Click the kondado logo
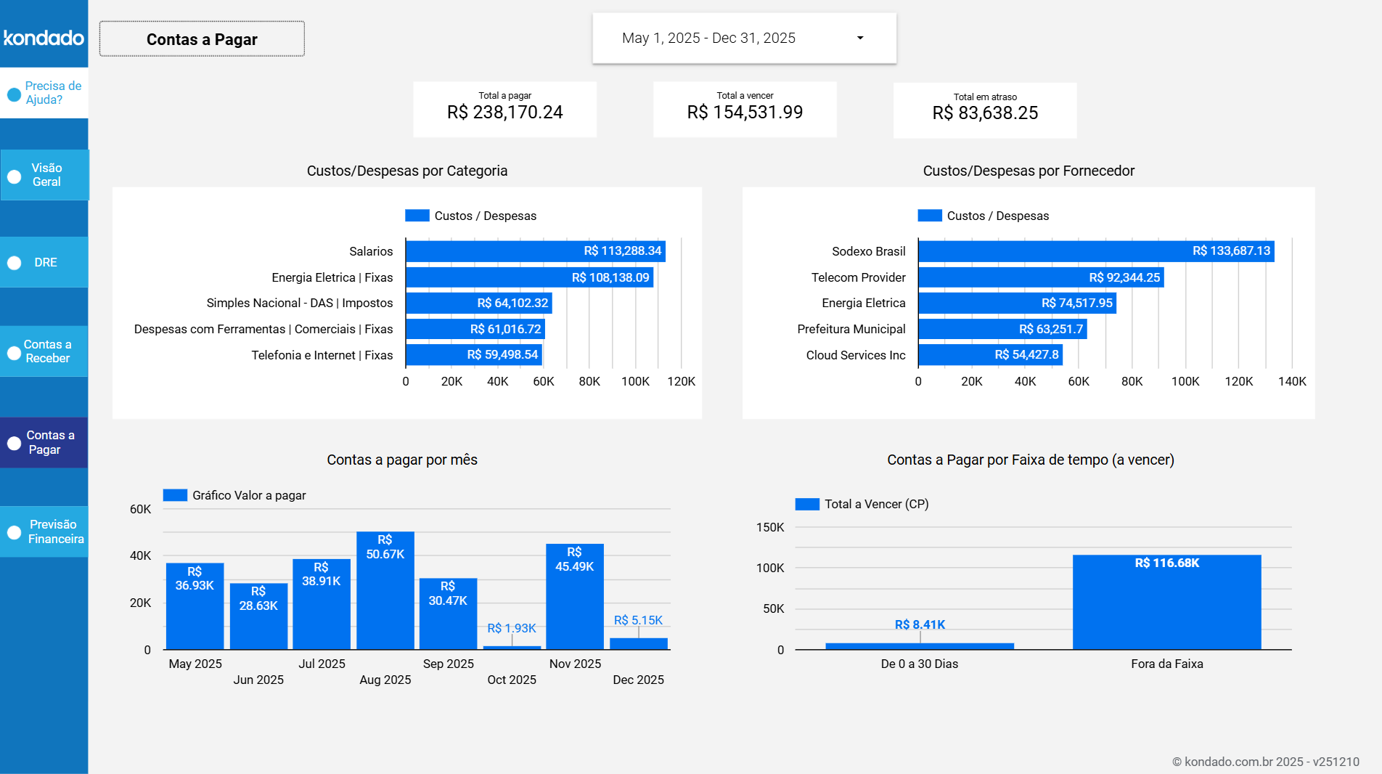pos(44,37)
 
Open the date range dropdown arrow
pos(860,38)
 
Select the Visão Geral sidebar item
pos(44,175)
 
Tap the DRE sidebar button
pos(44,262)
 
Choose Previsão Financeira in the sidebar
pos(44,531)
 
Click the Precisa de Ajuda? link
pos(44,93)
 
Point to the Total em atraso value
pos(985,113)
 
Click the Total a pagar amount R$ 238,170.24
pos(504,113)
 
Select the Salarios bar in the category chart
pos(535,251)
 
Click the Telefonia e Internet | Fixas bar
pos(473,355)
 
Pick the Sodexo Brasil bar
pos(1095,251)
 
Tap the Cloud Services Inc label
pos(855,355)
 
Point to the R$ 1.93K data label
pos(511,628)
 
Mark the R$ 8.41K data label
pos(920,624)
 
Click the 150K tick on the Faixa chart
pos(770,527)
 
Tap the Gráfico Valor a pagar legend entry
pos(234,495)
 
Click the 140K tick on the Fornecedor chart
pos(1291,381)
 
